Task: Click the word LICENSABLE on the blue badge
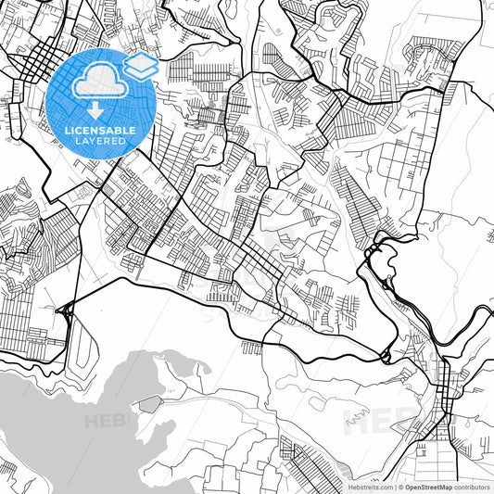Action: [101, 131]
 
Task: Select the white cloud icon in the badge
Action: [96, 84]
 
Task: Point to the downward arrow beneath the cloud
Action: [96, 110]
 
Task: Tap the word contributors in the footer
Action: [472, 487]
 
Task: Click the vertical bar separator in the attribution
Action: [396, 487]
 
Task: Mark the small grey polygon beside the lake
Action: [149, 403]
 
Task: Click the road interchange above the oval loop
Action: [66, 311]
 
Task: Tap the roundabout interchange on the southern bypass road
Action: [384, 356]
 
